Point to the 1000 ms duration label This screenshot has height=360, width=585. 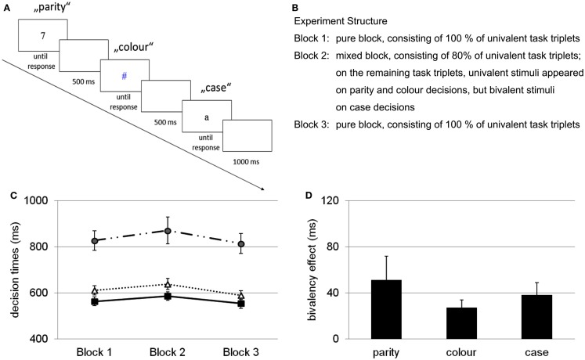pos(246,159)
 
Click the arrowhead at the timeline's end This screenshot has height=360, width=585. pos(262,187)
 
